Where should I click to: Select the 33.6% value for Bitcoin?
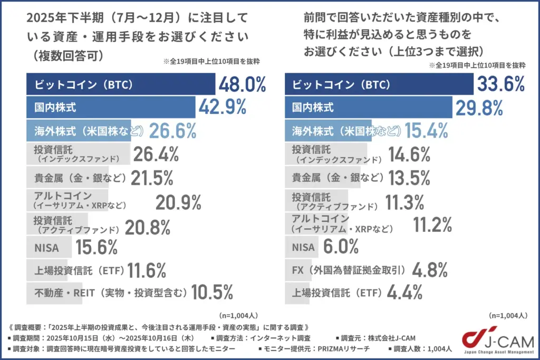pos(501,84)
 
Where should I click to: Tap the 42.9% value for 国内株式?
pos(223,108)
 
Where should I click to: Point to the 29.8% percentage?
pos(480,108)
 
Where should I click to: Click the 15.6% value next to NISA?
pos(97,246)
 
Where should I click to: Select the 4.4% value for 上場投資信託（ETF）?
pos(405,291)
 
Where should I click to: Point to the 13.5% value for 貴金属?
pos(409,178)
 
